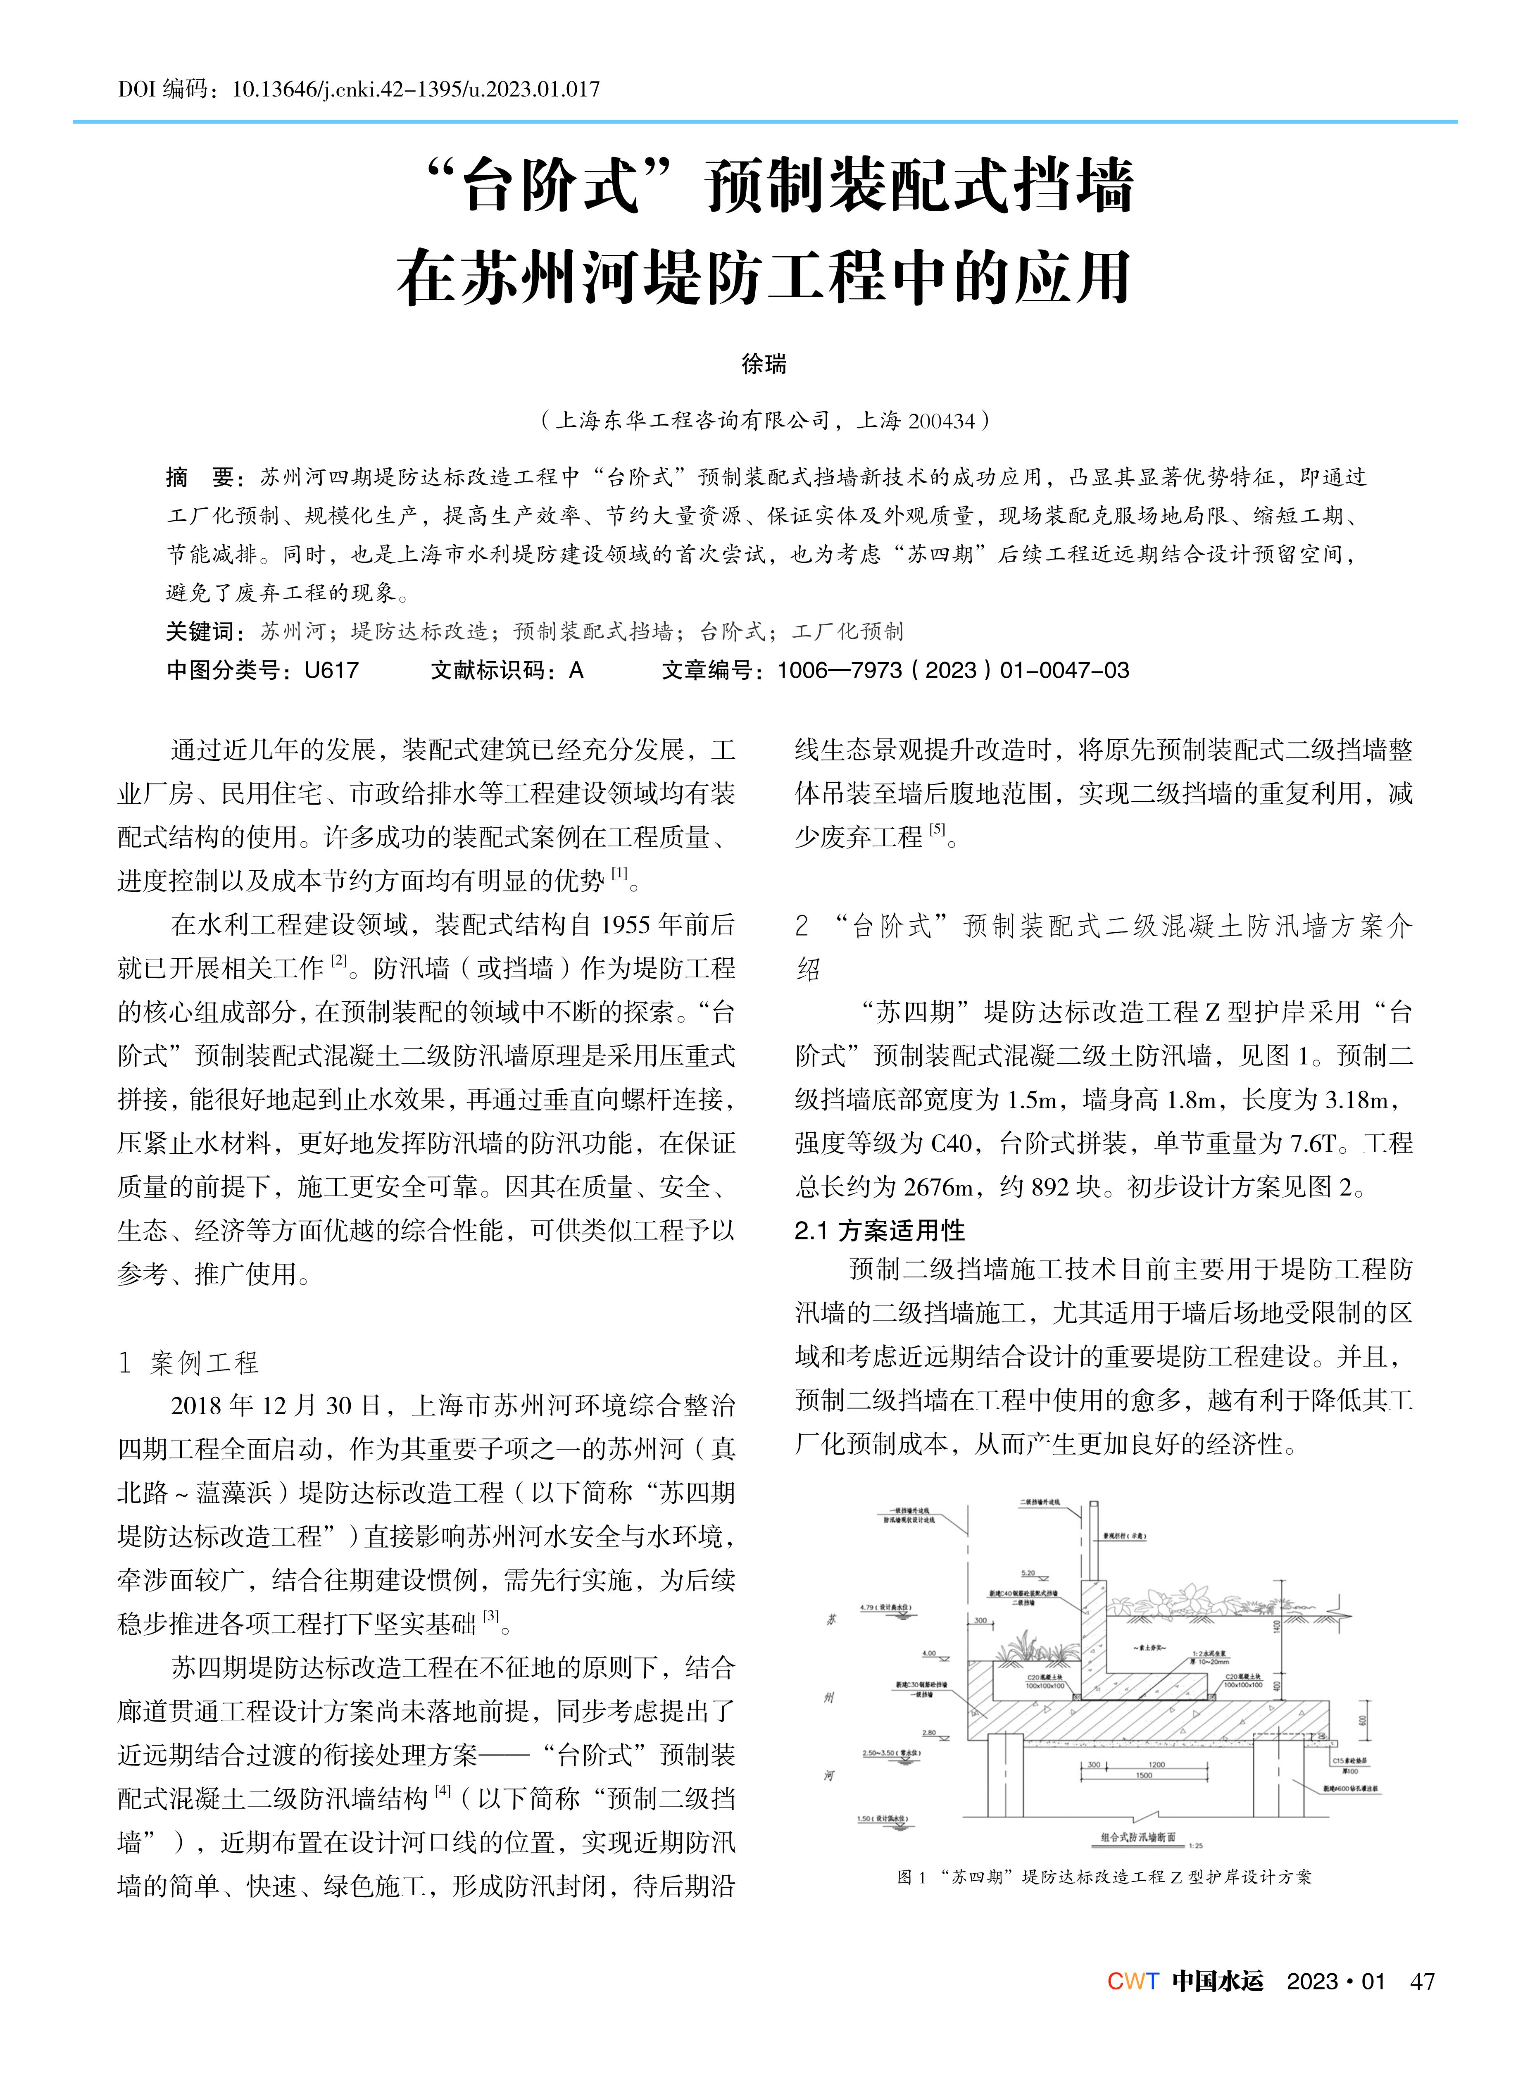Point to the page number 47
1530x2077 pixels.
click(x=1422, y=1982)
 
